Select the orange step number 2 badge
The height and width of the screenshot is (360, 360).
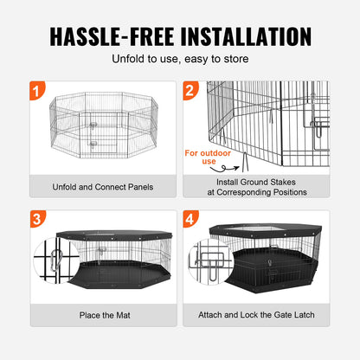[192, 90]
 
